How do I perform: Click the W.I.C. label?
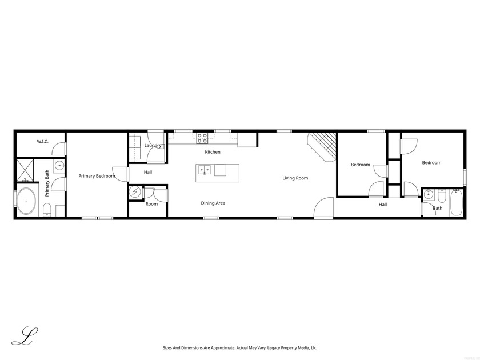[42, 141]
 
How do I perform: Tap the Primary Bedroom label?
[97, 176]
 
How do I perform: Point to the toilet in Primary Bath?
[48, 209]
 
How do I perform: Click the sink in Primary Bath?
[59, 167]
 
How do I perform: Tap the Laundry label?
[153, 146]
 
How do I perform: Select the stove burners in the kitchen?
[202, 138]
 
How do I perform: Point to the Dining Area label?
[213, 203]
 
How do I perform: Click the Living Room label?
[295, 178]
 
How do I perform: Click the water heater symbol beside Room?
[135, 193]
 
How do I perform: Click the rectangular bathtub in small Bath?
[456, 203]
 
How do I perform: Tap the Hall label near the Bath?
[382, 204]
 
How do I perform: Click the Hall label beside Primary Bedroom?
[147, 172]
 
